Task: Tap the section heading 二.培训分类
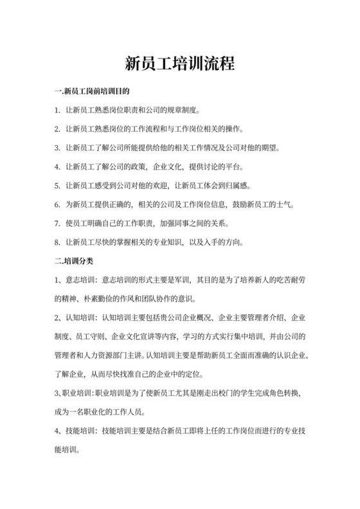75,261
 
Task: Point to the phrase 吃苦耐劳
288,280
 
